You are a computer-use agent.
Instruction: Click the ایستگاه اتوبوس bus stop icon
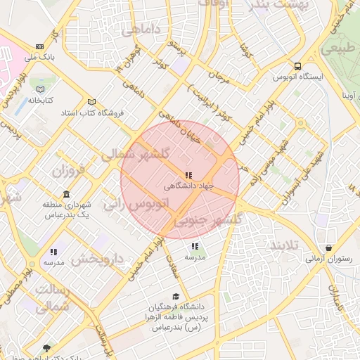pyautogui.click(x=298, y=63)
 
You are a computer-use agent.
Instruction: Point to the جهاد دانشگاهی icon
pyautogui.click(x=188, y=175)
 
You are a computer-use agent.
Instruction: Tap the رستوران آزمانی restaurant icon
pyautogui.click(x=330, y=248)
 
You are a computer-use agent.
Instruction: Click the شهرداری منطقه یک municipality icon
pyautogui.click(x=66, y=194)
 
